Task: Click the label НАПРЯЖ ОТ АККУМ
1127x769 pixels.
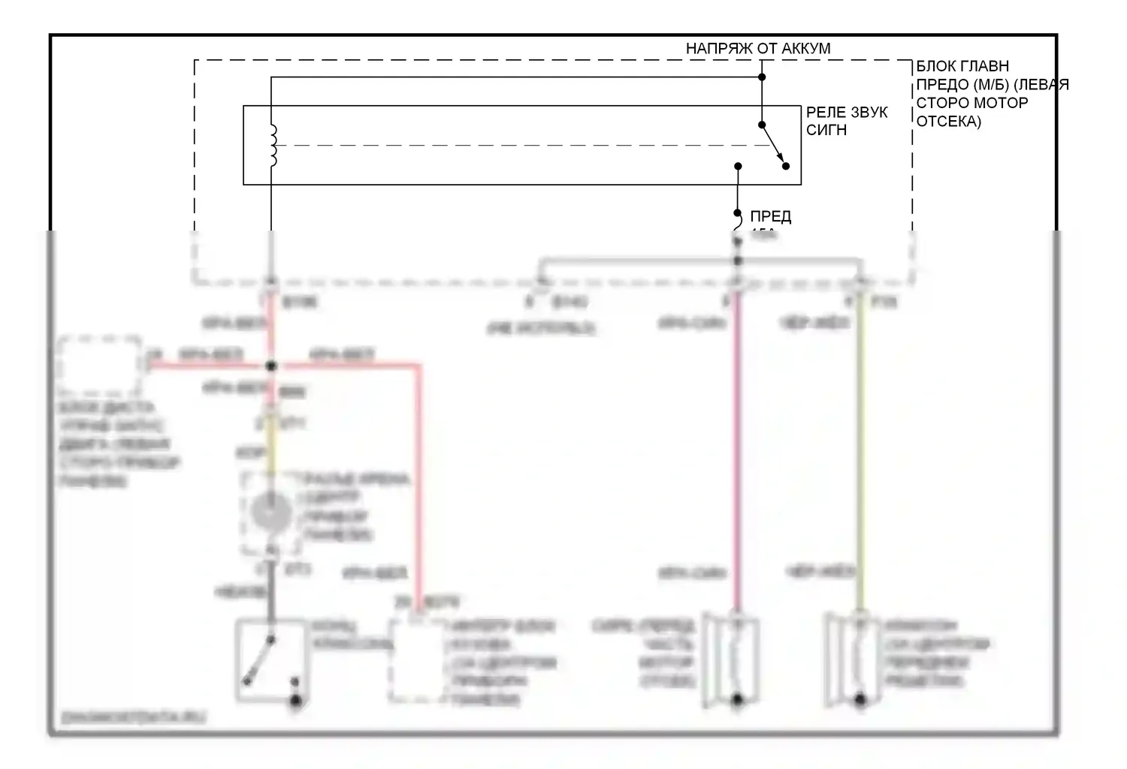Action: point(757,49)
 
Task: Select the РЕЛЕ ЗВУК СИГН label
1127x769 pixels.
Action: point(846,121)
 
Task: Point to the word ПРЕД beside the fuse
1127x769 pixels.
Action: point(770,217)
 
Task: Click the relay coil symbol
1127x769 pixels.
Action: point(273,145)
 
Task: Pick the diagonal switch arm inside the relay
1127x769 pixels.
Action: point(773,146)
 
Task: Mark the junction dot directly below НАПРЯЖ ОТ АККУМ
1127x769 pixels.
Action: point(762,77)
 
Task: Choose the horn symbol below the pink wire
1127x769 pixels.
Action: point(733,659)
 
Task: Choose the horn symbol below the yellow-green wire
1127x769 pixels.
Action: point(856,659)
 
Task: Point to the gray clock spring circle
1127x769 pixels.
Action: point(270,513)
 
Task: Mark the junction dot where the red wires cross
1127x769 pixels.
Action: point(271,366)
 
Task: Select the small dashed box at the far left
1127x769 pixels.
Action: point(100,365)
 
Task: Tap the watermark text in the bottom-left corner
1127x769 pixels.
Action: point(133,718)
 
